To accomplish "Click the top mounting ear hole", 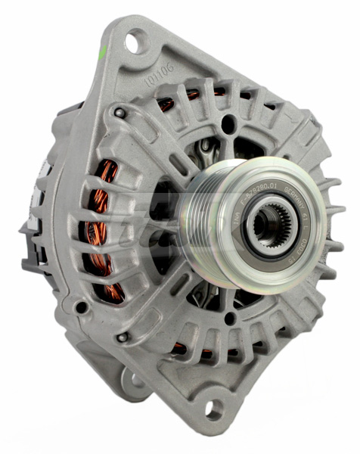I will pos(135,42).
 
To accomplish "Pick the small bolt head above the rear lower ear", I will pos(121,336).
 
